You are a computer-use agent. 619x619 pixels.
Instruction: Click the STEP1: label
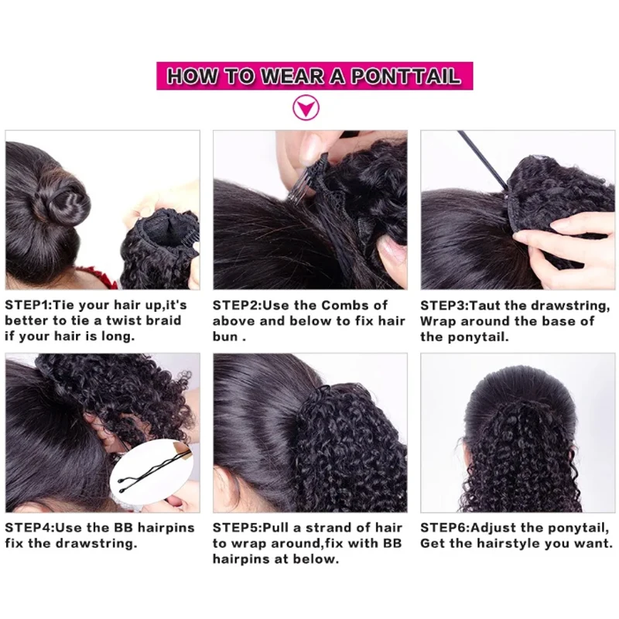29,305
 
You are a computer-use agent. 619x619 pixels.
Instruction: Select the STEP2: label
237,305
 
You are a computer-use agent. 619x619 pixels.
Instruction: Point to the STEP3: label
444,305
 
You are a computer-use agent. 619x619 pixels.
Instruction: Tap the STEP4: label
29,528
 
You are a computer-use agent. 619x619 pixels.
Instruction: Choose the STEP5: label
237,528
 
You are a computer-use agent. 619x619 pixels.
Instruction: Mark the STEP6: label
444,528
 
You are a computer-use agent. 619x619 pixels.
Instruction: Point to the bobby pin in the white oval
147,475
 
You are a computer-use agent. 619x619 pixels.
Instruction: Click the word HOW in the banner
192,76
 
